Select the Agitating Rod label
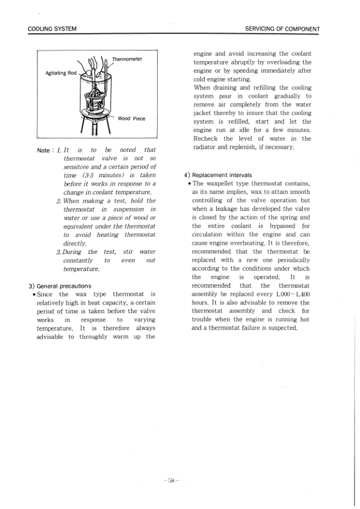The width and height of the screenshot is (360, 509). tap(61, 73)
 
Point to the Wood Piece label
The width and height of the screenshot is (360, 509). tap(132, 118)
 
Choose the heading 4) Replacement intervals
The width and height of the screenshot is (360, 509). tap(218, 175)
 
